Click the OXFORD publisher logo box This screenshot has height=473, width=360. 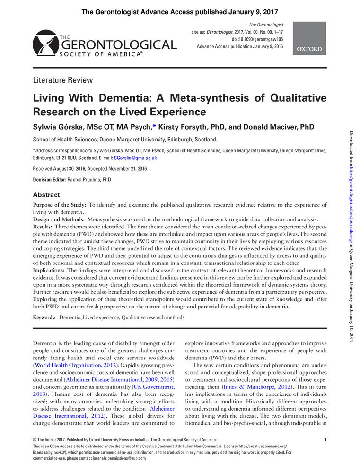click(x=310, y=37)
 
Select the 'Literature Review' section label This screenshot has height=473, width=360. click(x=62, y=80)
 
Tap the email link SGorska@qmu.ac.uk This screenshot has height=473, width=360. click(x=135, y=158)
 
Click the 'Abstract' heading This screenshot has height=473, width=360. click(x=46, y=194)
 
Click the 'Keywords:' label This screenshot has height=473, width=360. click(x=44, y=318)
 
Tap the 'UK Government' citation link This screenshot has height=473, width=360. click(x=155, y=381)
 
